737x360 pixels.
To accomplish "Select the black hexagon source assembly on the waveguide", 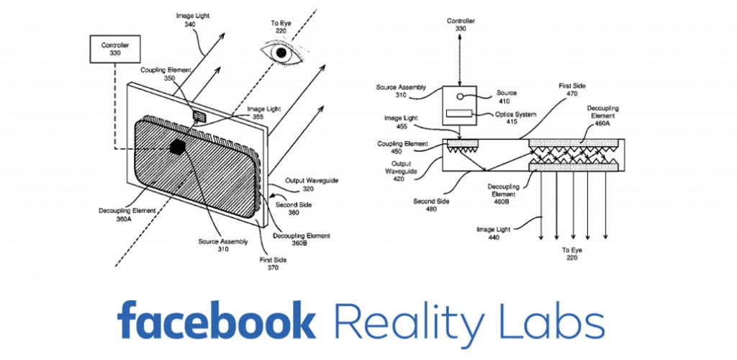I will pyautogui.click(x=178, y=146).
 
